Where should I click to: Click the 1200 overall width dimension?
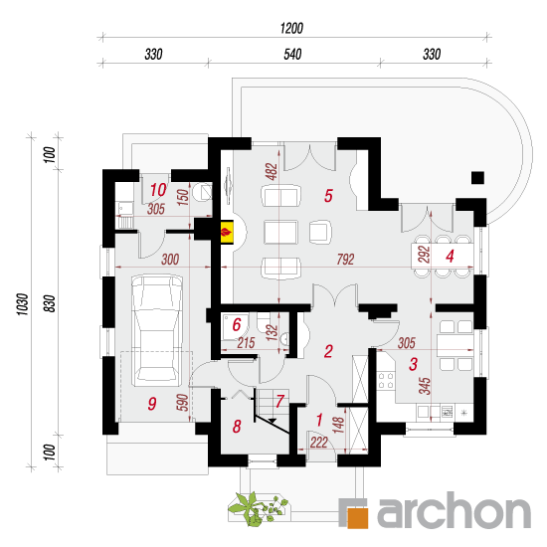pos(291,28)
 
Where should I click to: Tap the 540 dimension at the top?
pos(292,54)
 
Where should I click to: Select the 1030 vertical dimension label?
pos(22,304)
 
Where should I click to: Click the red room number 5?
pos(328,195)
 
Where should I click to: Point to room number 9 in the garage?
pos(152,404)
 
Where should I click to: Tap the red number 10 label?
pos(158,190)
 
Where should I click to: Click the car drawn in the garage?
pos(157,330)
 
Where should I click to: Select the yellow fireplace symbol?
pos(227,232)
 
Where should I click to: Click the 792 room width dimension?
pos(345,260)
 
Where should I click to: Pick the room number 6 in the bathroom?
pos(237,324)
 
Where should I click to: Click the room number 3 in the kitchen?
pos(413,364)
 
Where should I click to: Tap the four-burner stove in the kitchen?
pos(386,381)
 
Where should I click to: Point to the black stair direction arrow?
pos(272,421)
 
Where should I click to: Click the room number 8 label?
pos(237,427)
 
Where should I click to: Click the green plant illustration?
pos(259,508)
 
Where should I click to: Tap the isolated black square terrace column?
pos(477,178)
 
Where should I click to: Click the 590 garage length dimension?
pos(183,402)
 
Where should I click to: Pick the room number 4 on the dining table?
pos(450,256)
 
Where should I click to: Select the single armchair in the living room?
pos(320,232)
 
